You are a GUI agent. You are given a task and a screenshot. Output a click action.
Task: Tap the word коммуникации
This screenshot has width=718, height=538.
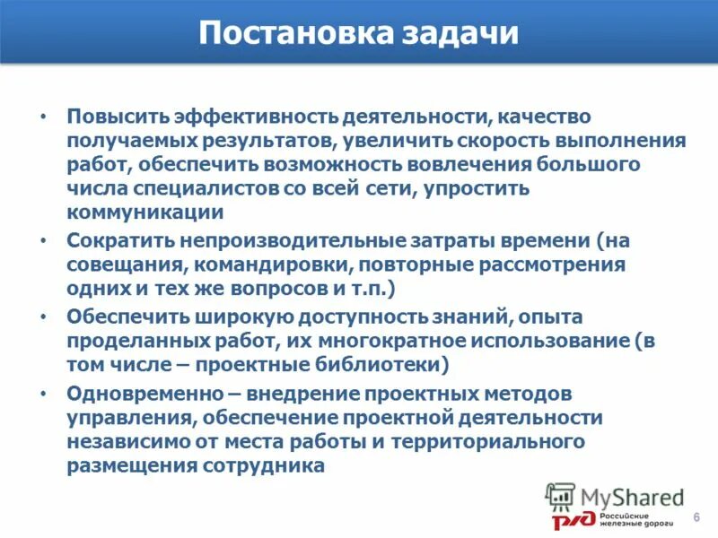144,213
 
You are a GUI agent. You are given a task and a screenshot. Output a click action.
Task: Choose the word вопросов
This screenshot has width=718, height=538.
284,290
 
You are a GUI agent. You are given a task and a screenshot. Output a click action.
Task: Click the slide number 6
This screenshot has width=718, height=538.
696,520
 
